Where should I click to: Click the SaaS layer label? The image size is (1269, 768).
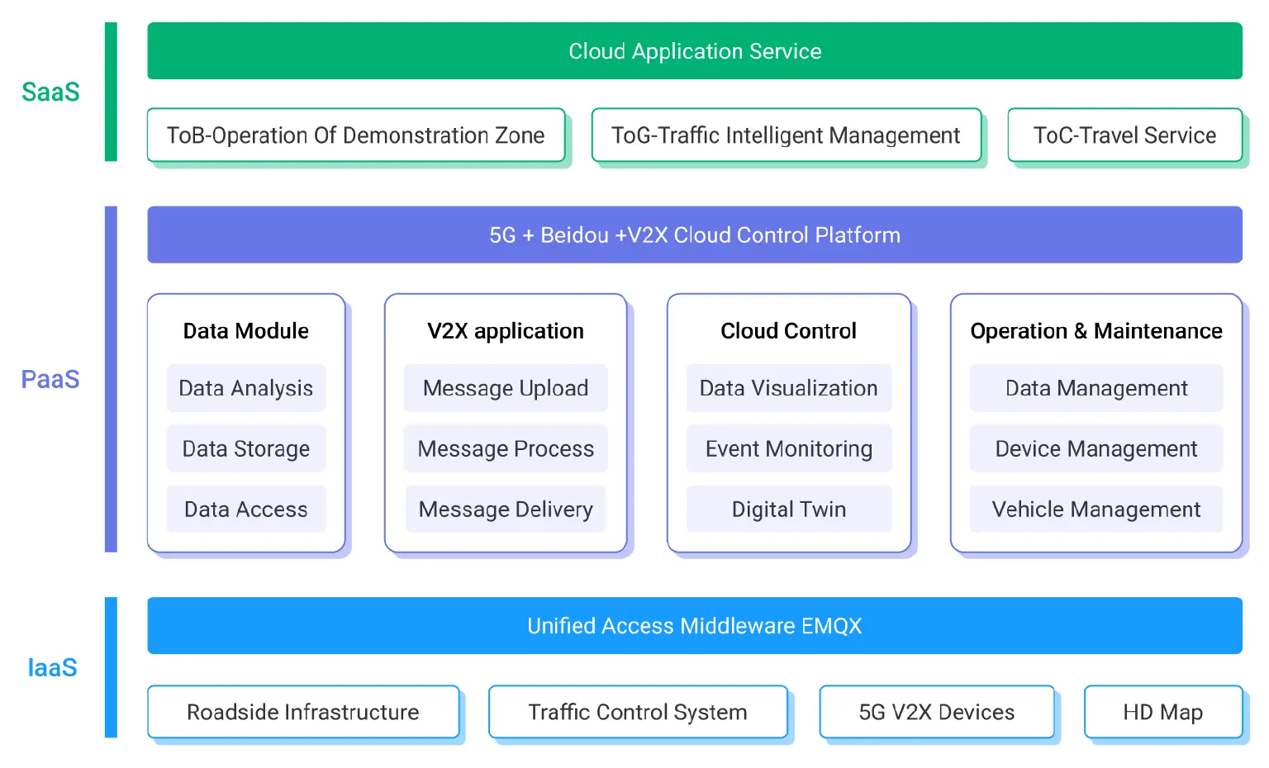(50, 92)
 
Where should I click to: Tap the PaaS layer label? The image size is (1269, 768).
(50, 379)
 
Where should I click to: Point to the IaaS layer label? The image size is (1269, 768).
(52, 667)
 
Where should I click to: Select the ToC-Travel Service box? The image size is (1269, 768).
(1124, 135)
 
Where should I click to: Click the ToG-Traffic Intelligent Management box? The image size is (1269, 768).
(786, 135)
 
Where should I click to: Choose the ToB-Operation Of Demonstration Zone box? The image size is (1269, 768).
(355, 135)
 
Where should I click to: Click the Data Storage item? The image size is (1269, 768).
(246, 448)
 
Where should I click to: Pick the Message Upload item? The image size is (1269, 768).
(506, 388)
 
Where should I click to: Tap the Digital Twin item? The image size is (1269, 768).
(789, 510)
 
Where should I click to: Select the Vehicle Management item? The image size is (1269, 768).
(1096, 510)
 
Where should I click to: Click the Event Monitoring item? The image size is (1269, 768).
(789, 448)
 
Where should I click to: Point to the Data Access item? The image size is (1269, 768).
(246, 510)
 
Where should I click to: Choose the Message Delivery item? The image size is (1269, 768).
(506, 510)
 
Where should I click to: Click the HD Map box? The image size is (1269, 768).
(1162, 712)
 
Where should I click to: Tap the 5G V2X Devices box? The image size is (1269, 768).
(937, 712)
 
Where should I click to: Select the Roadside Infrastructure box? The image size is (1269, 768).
(303, 712)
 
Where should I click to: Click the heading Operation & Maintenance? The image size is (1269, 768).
(1096, 331)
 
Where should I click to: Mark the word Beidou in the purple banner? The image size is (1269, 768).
(574, 235)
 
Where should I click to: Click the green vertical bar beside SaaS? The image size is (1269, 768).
(111, 92)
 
